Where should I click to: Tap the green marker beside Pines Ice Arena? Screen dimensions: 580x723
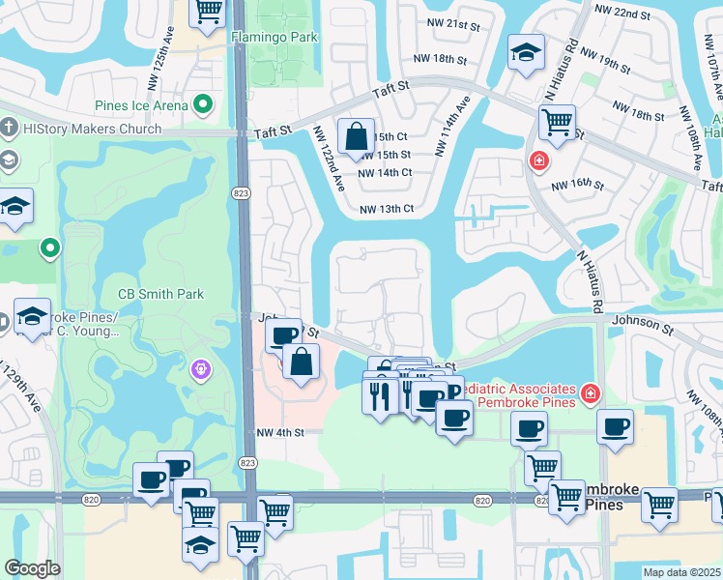(x=203, y=103)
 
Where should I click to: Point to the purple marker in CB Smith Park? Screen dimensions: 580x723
(x=201, y=369)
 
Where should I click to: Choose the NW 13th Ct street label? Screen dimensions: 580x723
(x=386, y=209)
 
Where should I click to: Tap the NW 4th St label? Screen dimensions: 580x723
(x=280, y=432)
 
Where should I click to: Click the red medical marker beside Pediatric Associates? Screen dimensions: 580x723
(x=588, y=394)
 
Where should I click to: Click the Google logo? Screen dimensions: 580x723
(x=32, y=568)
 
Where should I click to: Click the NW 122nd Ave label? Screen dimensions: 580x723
(x=329, y=158)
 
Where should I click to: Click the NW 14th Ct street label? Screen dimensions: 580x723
(x=385, y=173)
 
